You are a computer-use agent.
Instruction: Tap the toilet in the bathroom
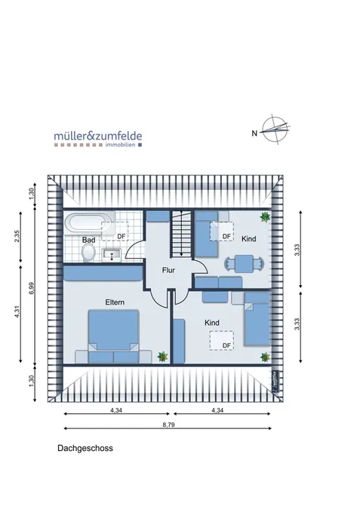coord(88,253)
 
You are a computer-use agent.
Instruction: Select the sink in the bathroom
coord(112,255)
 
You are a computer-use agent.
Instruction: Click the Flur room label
coord(168,270)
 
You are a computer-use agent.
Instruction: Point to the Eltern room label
coord(115,302)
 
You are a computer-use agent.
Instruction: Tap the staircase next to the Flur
coord(182,234)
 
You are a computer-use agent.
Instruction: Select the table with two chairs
coord(244,264)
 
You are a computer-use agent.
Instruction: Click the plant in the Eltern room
coord(162,357)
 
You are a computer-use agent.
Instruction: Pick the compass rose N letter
coord(254,133)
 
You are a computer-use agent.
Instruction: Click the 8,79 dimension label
coord(168,425)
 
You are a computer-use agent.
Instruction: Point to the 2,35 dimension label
coord(17,236)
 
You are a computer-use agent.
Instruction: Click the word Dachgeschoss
coord(85,448)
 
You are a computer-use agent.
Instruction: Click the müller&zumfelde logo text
coord(98,136)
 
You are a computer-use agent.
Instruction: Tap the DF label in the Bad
coord(122,236)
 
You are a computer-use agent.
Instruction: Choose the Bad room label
coord(88,240)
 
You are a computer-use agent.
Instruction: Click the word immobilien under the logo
coord(120,145)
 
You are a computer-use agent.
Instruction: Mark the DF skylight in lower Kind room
coord(222,341)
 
